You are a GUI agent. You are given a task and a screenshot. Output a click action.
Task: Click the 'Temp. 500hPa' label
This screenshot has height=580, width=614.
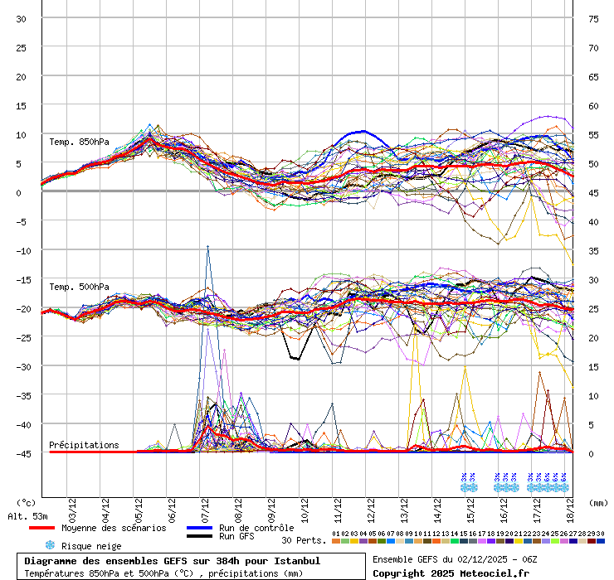pos(79,287)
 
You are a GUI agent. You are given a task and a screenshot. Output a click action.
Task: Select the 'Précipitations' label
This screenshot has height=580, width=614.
pos(84,445)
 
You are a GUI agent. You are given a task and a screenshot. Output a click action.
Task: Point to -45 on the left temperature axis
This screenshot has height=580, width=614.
pos(24,453)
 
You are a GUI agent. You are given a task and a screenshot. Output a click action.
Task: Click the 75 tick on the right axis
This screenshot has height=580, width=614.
pos(593,18)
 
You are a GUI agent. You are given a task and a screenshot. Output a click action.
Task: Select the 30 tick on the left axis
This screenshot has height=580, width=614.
pos(22,18)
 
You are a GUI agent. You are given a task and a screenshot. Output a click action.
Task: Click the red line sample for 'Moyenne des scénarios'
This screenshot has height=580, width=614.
pos(52,528)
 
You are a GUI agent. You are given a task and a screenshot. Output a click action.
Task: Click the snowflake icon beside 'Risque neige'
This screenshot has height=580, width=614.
pos(49,545)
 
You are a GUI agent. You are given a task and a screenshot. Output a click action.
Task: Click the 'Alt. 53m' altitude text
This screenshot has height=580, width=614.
pos(27,516)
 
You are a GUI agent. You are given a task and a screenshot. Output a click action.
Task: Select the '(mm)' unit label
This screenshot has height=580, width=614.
pos(598,502)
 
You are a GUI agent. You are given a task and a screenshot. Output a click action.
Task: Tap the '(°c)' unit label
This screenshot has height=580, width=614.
pos(27,502)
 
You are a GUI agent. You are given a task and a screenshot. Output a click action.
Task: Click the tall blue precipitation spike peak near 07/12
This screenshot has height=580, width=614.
pos(207,246)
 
